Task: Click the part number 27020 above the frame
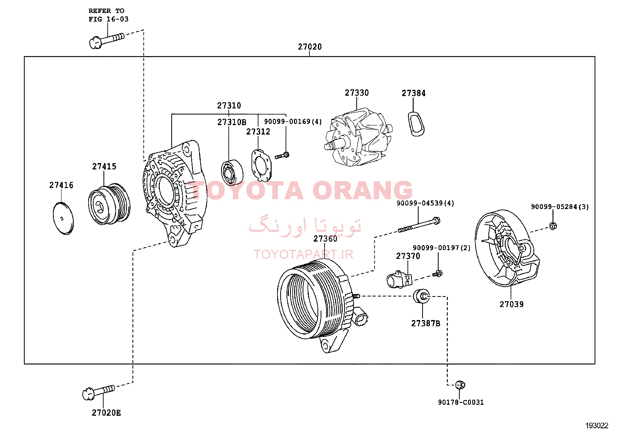point(310,47)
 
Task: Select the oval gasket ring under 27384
point(416,124)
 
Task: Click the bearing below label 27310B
point(232,173)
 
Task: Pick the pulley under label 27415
point(109,204)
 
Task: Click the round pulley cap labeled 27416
point(63,218)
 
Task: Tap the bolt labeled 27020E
point(99,393)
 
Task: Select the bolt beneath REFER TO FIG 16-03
point(107,41)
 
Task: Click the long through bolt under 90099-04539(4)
point(419,225)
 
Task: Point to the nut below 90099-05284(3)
point(553,226)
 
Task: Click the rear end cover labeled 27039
point(507,248)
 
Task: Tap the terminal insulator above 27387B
point(421,296)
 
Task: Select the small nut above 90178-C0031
point(460,385)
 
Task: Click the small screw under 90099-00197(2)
point(438,274)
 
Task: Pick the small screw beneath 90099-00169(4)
point(282,155)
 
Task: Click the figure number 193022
point(597,426)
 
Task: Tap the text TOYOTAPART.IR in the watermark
point(303,255)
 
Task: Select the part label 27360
point(325,239)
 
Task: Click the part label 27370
point(408,256)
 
